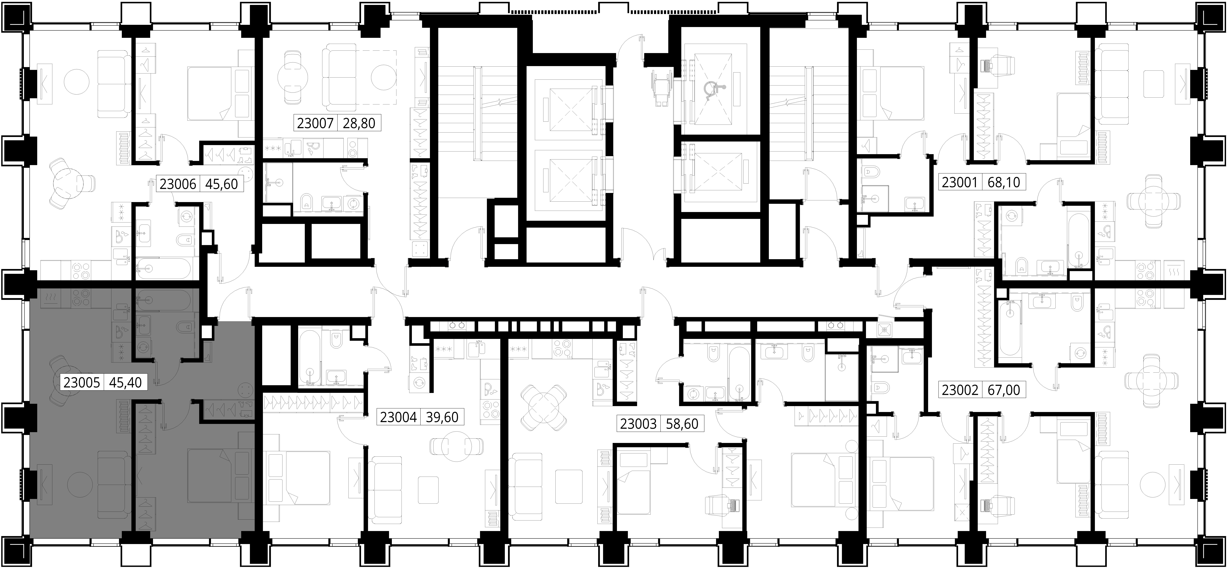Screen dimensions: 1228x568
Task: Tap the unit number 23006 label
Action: [178, 184]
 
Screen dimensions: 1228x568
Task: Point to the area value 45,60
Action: [222, 184]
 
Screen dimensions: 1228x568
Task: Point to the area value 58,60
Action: [682, 424]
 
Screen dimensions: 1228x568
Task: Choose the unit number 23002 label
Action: [960, 390]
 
